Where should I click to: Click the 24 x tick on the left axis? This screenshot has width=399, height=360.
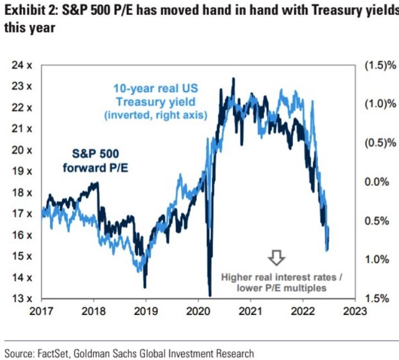[x=21, y=66]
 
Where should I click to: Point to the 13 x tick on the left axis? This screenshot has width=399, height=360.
[x=21, y=299]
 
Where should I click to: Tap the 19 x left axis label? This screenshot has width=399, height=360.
[x=21, y=171]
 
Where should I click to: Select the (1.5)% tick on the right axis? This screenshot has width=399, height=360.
[x=380, y=66]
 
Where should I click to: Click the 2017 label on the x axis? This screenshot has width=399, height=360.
[x=42, y=311]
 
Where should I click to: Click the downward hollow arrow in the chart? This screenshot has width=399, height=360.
[x=276, y=257]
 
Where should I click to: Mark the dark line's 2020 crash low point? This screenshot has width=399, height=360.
[x=210, y=295]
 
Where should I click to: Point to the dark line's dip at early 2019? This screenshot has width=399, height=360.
[x=144, y=286]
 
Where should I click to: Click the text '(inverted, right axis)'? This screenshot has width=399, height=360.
[x=155, y=116]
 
